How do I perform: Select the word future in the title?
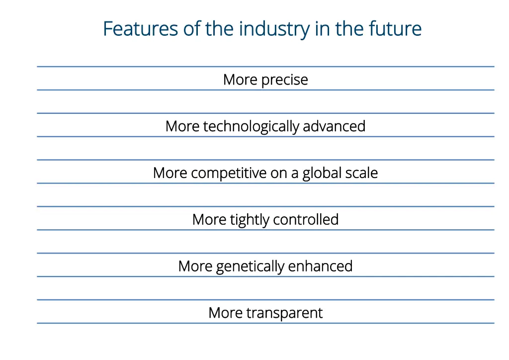[395, 29]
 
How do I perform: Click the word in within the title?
[320, 29]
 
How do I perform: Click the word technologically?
[251, 126]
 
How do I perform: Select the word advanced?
[334, 126]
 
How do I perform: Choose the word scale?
[361, 173]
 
